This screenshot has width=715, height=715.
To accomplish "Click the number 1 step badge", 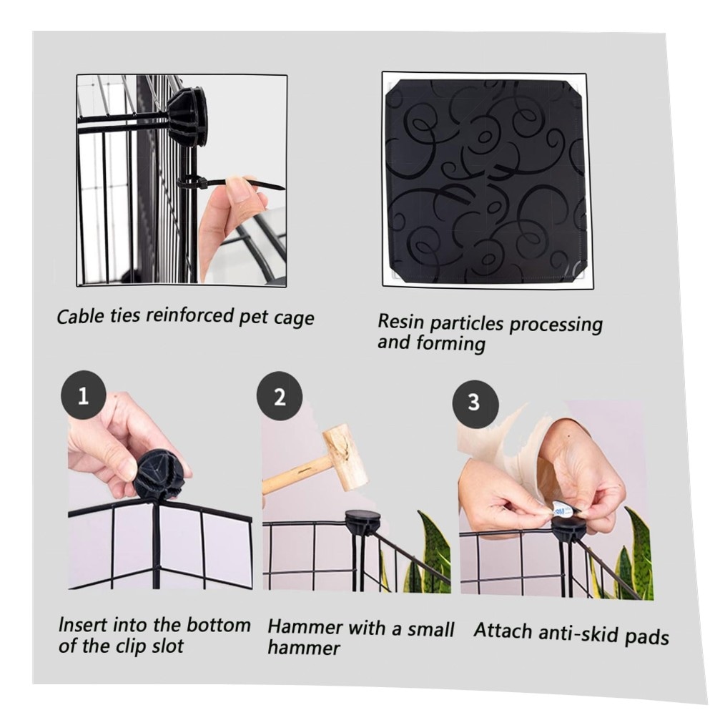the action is coord(83,395).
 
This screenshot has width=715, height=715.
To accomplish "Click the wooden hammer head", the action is coord(345,457).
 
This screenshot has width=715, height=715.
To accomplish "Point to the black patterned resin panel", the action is coord(486,181).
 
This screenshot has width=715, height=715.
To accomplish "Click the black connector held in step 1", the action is coord(159,475).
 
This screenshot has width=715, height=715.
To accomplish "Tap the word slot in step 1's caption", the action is coord(167,646).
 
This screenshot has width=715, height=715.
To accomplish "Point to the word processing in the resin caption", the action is coord(556,324).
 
